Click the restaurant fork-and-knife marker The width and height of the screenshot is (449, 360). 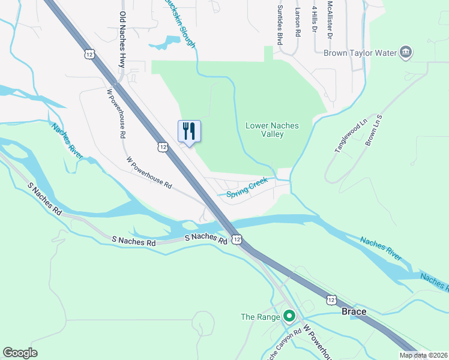[189, 131]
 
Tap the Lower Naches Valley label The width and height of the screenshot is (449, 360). [272, 130]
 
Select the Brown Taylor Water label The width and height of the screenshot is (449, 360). [360, 53]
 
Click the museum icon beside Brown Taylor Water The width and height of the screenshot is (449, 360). [406, 52]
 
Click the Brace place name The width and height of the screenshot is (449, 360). [354, 312]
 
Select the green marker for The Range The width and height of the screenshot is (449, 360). [289, 316]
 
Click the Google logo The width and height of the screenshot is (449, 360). [20, 353]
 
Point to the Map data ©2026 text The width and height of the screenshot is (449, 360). [423, 355]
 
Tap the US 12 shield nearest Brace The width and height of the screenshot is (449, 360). [331, 298]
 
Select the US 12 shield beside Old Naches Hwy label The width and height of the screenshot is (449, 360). [89, 54]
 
